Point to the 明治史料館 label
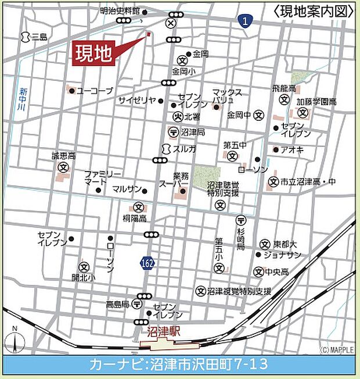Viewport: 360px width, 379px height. point(120,10)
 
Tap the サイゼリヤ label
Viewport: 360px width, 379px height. point(137,100)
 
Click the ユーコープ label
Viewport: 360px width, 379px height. point(95,91)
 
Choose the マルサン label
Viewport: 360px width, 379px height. point(127,189)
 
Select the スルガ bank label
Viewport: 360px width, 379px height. point(185,149)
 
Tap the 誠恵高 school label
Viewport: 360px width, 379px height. point(64,156)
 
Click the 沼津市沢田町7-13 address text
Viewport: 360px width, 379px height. point(210,365)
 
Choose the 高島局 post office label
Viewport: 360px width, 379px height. point(118,303)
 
